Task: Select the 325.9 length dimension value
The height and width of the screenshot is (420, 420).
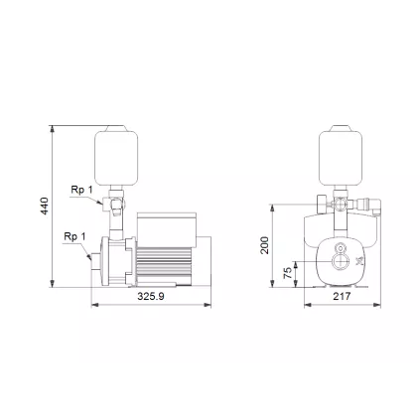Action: coord(150,296)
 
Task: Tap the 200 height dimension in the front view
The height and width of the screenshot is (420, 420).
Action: coord(265,244)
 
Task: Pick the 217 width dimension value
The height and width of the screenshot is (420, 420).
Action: coord(341,296)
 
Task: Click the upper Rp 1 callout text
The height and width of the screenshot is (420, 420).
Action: coord(81,189)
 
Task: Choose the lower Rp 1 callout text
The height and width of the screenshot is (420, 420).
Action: coord(74,236)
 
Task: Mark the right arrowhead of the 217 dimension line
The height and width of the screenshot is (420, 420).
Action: coord(379,304)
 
